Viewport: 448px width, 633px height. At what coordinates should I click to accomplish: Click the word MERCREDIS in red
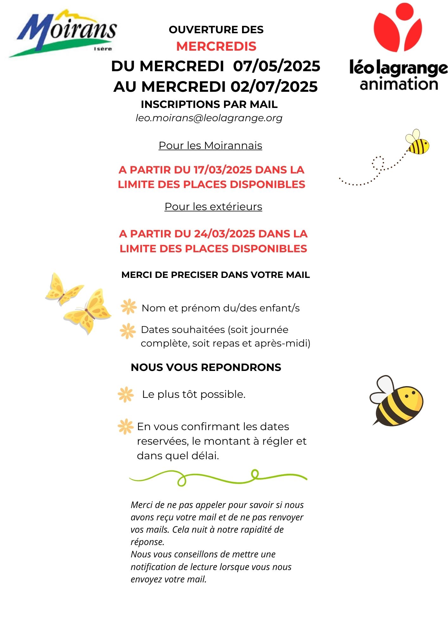[x=216, y=46]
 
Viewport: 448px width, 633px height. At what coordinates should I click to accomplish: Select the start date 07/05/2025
[x=277, y=66]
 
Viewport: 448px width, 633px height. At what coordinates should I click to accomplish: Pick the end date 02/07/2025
[x=274, y=87]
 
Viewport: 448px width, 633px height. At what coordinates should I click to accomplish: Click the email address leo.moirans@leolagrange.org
[x=209, y=118]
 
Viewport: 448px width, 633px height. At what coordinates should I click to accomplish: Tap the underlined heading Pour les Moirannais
[x=210, y=145]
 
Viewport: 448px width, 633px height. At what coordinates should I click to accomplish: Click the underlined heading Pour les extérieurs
[x=213, y=206]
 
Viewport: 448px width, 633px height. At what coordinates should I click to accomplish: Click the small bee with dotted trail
[x=417, y=142]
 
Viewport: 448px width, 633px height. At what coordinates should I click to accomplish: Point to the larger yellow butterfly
[x=88, y=312]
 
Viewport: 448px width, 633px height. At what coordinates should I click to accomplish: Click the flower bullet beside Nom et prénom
[x=128, y=307]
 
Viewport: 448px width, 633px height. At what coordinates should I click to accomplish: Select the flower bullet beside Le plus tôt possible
[x=125, y=394]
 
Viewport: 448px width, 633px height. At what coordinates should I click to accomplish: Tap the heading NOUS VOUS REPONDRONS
[x=206, y=367]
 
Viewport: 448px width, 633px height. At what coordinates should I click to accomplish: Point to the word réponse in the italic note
[x=147, y=542]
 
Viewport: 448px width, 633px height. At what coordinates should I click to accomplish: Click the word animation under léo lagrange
[x=399, y=84]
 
